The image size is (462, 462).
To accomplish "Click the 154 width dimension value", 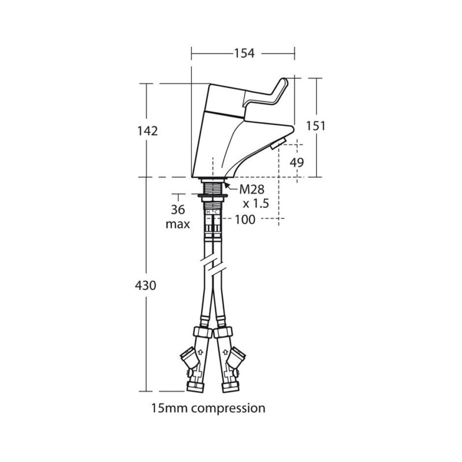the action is tap(244, 53).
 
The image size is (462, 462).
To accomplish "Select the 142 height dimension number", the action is tap(148, 131).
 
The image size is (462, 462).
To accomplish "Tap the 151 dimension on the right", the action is tap(316, 126).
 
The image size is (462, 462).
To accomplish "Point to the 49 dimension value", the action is tap(297, 162).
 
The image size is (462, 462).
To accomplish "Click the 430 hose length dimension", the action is tap(146, 285).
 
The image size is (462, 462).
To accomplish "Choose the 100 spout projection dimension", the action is tap(245, 219).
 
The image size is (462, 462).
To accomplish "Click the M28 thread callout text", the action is tap(252, 189).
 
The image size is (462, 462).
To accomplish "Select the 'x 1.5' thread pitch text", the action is tap(256, 203).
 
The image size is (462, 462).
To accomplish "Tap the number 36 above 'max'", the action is tap(178, 210).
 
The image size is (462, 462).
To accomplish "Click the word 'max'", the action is tap(178, 224).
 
